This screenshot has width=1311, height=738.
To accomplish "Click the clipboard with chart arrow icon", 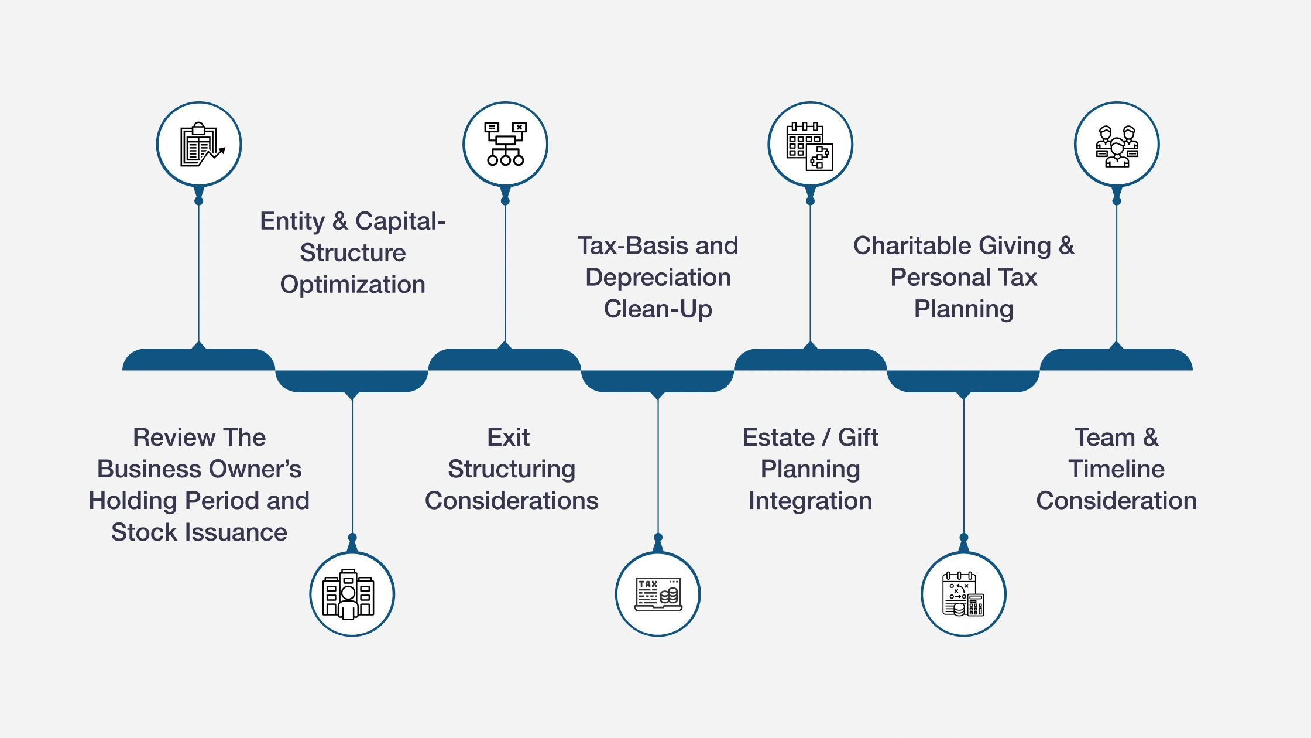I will [x=200, y=145].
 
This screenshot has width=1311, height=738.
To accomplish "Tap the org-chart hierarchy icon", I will [x=506, y=144].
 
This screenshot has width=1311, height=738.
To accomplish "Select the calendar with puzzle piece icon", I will [x=810, y=145].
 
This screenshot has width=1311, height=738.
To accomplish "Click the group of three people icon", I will [x=1117, y=145].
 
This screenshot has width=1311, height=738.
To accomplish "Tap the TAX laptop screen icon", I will [x=658, y=594].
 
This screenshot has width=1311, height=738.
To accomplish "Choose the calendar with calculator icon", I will [x=963, y=594].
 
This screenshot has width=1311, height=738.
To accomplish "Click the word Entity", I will [x=291, y=221].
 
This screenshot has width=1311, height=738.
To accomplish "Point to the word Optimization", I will [x=352, y=285].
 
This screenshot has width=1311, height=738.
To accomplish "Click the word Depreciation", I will [x=658, y=278].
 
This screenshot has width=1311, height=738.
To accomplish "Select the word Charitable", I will [x=952, y=246].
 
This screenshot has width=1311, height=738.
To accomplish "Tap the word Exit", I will [x=508, y=438].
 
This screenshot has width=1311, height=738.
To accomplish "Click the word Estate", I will [x=778, y=438].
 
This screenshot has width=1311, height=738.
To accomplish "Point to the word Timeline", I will [x=1116, y=469].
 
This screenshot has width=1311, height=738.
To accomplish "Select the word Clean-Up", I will [x=658, y=309].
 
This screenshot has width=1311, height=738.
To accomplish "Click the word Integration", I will [x=810, y=501].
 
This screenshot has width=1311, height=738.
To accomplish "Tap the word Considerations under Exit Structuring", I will [x=512, y=501].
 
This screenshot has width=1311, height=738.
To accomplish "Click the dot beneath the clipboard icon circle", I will [x=199, y=201].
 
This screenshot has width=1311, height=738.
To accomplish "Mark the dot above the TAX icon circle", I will [x=658, y=537].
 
